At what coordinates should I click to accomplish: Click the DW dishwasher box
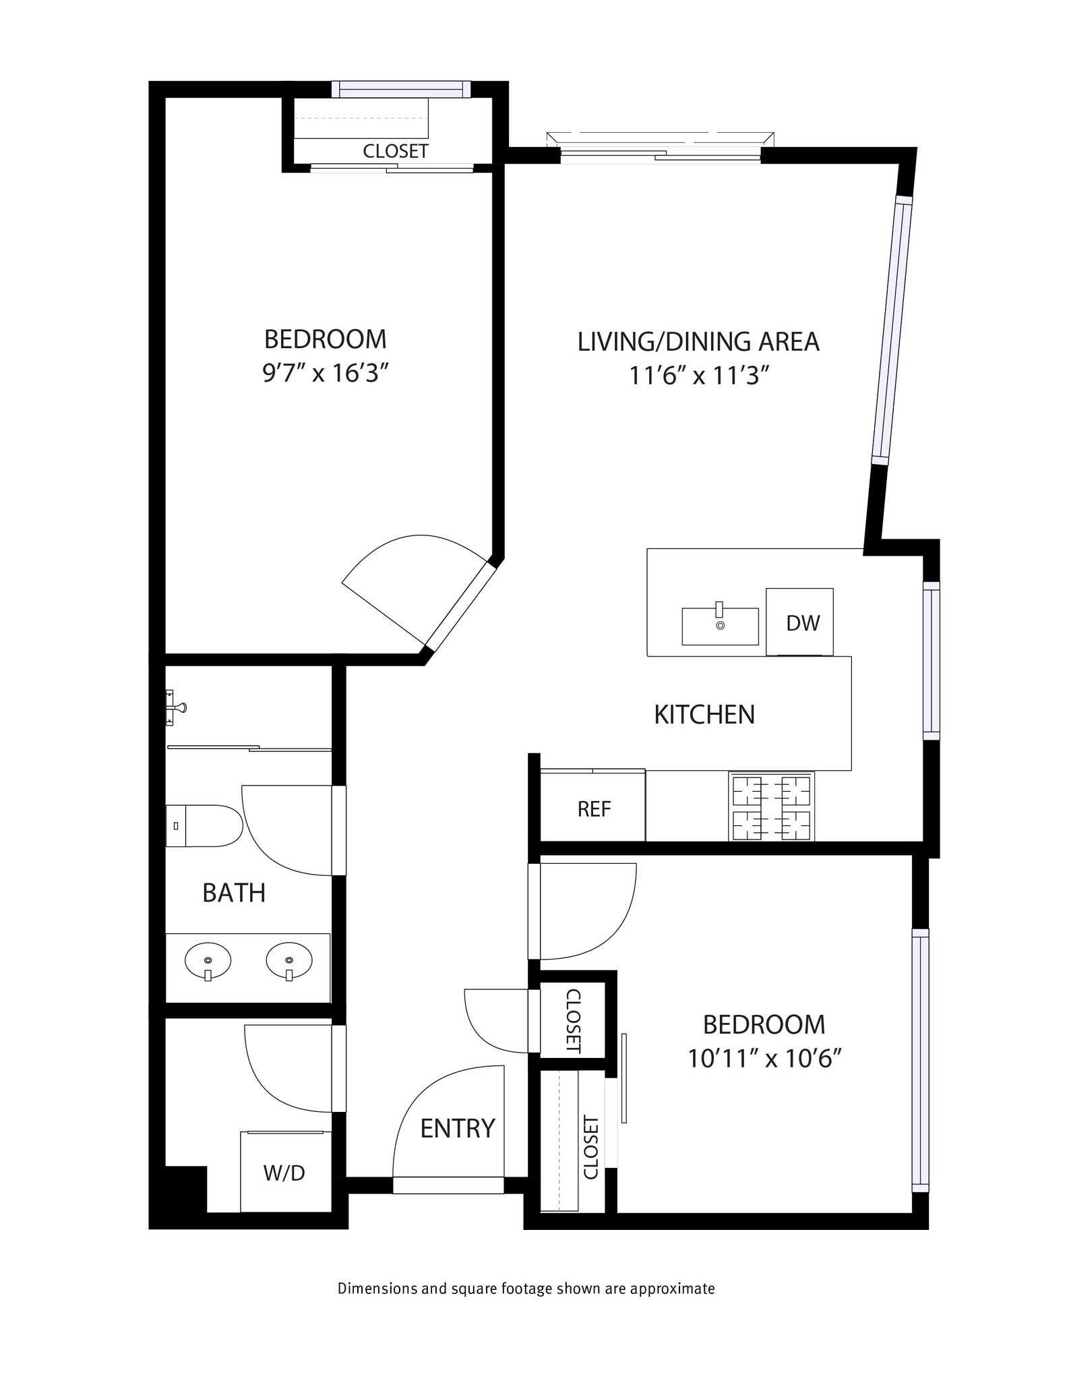(799, 622)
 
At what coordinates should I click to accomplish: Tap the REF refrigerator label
(594, 809)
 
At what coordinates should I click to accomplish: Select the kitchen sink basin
(720, 626)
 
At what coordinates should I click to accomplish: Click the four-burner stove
(771, 806)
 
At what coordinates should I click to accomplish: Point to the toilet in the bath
(204, 825)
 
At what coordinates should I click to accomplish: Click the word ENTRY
(458, 1128)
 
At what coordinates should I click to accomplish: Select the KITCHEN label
(704, 715)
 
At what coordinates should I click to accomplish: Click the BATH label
(234, 893)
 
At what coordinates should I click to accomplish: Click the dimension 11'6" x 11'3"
(699, 376)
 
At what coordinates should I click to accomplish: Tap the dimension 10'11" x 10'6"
(764, 1059)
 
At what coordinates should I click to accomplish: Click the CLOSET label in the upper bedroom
(396, 151)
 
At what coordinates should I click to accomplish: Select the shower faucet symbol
(175, 707)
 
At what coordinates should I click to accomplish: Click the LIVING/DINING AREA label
(698, 341)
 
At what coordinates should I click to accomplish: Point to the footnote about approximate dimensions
(526, 1289)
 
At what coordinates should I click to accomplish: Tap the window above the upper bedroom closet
(401, 89)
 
